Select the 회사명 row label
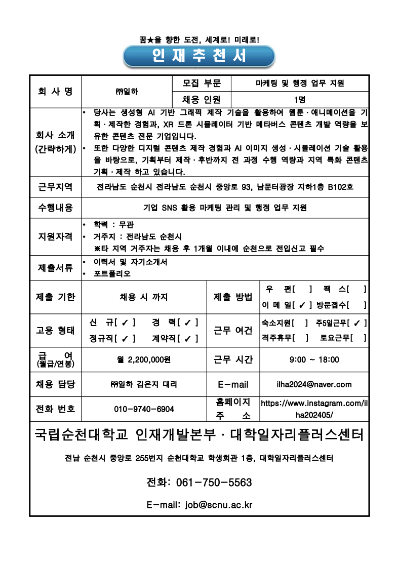55,91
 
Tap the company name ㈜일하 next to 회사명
127,92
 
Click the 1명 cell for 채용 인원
299,99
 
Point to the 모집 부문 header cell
202,84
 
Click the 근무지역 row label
55,187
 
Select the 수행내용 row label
55,208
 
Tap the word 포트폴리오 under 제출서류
112,274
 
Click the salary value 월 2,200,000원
144,360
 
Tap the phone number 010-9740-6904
144,409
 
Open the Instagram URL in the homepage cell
314,409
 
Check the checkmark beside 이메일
302,305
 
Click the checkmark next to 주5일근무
357,323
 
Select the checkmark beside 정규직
125,338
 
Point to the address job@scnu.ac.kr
219,505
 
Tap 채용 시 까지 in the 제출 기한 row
144,297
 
